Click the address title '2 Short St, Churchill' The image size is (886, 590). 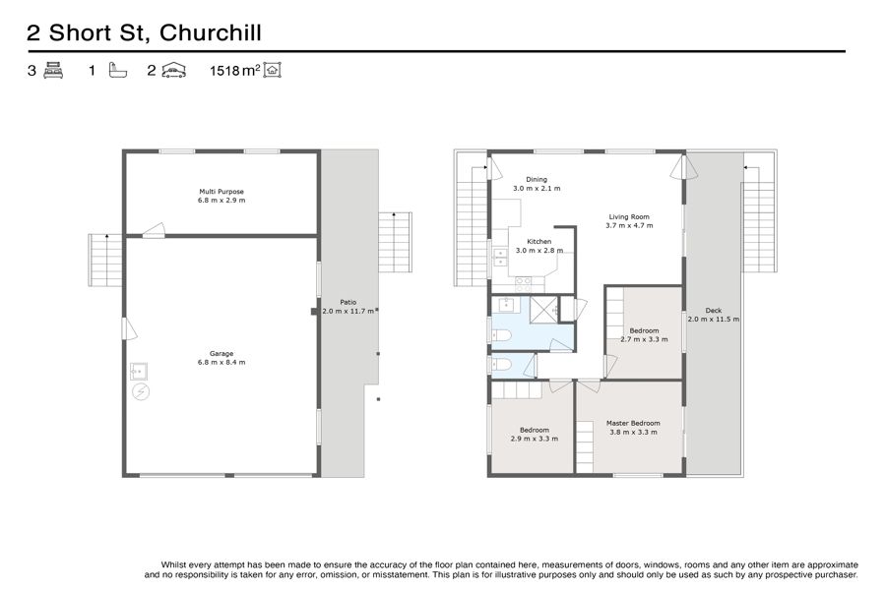click(144, 32)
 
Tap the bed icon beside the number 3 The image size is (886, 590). click(53, 71)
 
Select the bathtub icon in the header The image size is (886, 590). click(117, 71)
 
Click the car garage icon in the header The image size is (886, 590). click(173, 71)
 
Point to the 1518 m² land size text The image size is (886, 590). click(235, 71)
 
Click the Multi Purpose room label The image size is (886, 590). click(221, 196)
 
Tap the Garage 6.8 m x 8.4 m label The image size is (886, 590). click(221, 358)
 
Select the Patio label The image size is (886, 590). click(348, 307)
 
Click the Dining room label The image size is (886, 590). click(537, 184)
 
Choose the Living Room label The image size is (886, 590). click(629, 220)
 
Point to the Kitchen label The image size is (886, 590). click(539, 246)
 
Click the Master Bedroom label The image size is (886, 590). click(633, 428)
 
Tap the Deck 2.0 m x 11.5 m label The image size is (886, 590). click(713, 315)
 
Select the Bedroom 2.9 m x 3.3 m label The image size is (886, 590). click(535, 435)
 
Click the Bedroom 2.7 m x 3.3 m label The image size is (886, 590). click(644, 334)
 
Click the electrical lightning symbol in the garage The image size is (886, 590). click(141, 391)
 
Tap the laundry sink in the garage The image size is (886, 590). click(139, 372)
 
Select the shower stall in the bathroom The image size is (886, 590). click(543, 310)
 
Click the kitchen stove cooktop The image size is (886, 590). click(523, 284)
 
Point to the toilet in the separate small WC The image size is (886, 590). click(501, 364)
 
